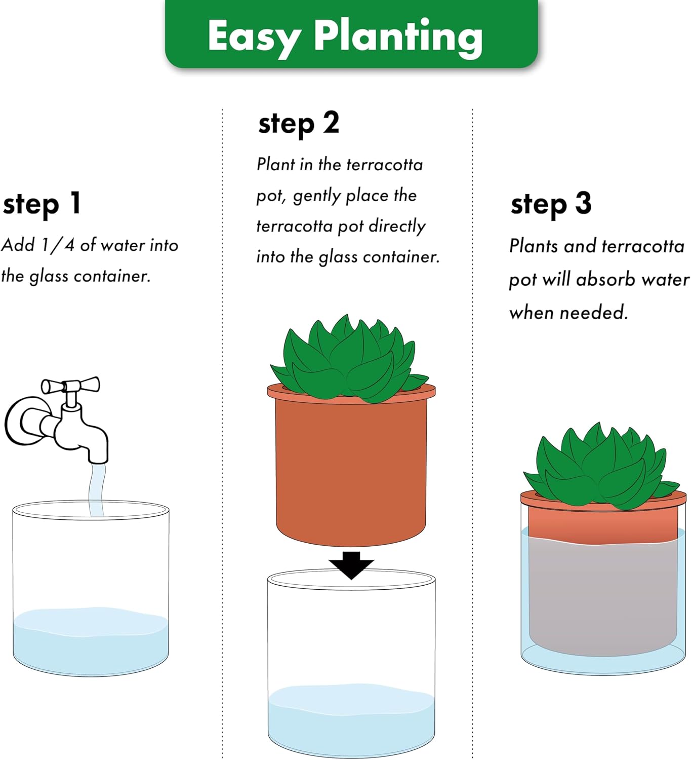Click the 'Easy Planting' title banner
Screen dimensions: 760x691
(x=351, y=34)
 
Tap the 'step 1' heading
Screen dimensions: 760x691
(x=42, y=204)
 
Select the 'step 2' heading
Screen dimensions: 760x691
(x=298, y=124)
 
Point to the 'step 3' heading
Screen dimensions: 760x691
(x=551, y=204)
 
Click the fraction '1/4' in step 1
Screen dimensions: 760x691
(x=57, y=245)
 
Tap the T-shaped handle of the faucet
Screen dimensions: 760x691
(x=70, y=386)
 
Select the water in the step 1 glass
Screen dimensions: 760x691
(x=90, y=643)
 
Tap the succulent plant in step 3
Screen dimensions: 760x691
(x=601, y=469)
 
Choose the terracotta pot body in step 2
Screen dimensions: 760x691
(x=351, y=466)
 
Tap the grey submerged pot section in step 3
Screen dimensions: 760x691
(x=602, y=598)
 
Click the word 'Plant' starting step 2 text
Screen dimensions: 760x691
(x=275, y=164)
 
